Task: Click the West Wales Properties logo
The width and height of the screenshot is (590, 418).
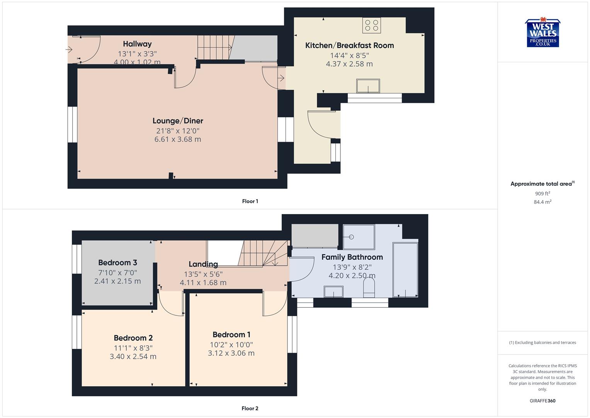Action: pyautogui.click(x=542, y=33)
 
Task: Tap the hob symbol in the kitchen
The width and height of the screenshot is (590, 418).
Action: pyautogui.click(x=371, y=26)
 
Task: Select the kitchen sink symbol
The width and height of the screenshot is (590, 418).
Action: pyautogui.click(x=368, y=86)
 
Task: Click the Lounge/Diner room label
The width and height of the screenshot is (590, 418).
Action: pyautogui.click(x=178, y=121)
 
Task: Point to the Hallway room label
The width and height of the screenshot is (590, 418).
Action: pyautogui.click(x=137, y=44)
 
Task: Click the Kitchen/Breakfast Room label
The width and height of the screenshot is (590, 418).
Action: pyautogui.click(x=349, y=45)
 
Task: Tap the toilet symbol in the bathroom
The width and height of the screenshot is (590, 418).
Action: pyautogui.click(x=369, y=289)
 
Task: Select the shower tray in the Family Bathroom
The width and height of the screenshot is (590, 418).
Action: pyautogui.click(x=359, y=237)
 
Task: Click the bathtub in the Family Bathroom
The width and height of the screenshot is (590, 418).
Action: pyautogui.click(x=405, y=270)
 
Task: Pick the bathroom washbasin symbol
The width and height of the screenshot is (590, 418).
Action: pyautogui.click(x=333, y=291)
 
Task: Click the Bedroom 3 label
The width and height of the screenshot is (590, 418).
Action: pyautogui.click(x=117, y=262)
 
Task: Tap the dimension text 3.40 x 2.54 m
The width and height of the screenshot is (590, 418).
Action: pyautogui.click(x=133, y=356)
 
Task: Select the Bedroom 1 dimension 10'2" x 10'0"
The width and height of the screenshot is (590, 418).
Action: pyautogui.click(x=231, y=344)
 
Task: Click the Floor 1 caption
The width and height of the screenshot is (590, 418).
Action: pyautogui.click(x=250, y=201)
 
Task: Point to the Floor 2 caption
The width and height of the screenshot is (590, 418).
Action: pyautogui.click(x=250, y=408)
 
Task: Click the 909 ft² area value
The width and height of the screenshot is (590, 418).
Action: pyautogui.click(x=542, y=194)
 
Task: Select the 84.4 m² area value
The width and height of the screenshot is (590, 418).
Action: pyautogui.click(x=542, y=202)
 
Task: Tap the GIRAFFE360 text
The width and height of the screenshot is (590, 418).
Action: pyautogui.click(x=542, y=401)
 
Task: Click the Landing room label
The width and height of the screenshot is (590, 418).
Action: pyautogui.click(x=203, y=264)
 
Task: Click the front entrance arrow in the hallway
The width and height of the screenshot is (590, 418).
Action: pyautogui.click(x=69, y=50)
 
